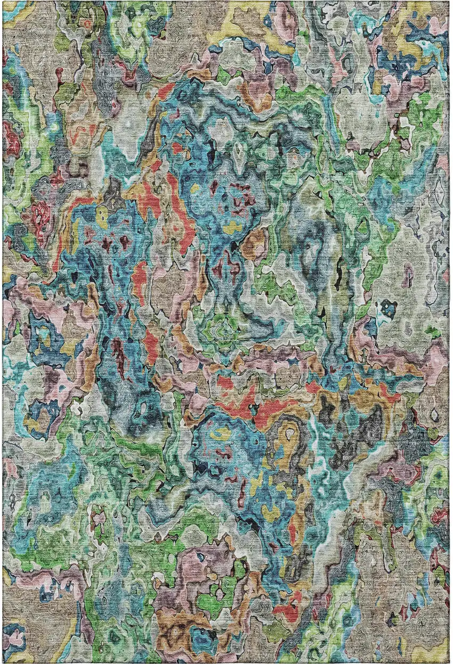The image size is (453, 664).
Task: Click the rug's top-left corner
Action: pos(3,2)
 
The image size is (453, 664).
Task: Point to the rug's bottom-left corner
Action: pos(3,662)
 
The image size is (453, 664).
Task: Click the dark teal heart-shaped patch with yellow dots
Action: pos(389,309)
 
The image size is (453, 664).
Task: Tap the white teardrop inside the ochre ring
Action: pos(289,434)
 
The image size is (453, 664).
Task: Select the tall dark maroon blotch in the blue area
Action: pos(117,351)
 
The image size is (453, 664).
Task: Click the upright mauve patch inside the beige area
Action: pos(408,277)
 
